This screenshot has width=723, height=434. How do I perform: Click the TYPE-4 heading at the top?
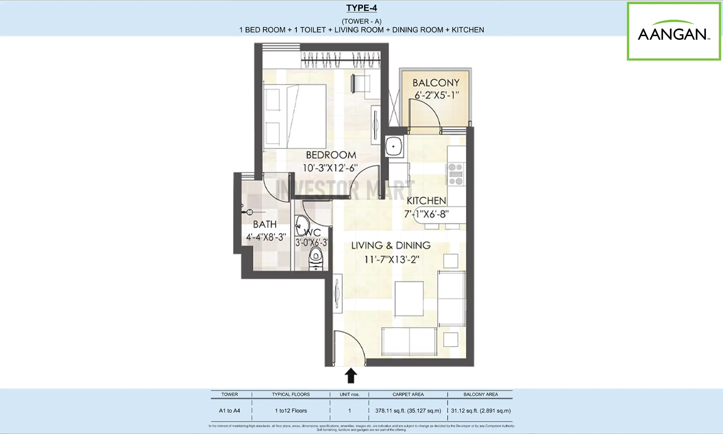pos(361,8)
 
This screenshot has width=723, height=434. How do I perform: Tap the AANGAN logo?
pos(674,31)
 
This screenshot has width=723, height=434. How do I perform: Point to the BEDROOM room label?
pos(331,155)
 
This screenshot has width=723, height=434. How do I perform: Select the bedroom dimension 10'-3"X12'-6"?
pos(330,168)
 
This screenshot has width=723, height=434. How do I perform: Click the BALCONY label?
pos(436,83)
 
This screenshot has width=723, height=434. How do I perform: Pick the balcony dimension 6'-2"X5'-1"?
pos(437,95)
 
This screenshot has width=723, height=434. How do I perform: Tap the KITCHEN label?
pos(426,201)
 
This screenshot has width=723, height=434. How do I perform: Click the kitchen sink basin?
pos(394,146)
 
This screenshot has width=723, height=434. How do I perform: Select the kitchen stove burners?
pos(455,174)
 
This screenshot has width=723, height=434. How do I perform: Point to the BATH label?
pos(265,224)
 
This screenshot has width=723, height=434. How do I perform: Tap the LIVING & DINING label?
pos(391,245)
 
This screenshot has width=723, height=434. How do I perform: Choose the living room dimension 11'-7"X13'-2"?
pos(392,259)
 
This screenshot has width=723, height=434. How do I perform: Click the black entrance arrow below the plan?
pos(351,376)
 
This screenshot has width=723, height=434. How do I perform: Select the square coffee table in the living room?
pos(409,299)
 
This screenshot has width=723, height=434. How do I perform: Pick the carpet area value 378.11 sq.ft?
pos(408,411)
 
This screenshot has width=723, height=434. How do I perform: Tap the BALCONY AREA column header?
pos(480,395)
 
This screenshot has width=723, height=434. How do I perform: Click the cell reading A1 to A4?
pos(230,411)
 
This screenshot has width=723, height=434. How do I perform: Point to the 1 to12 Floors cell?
pos(291,411)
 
